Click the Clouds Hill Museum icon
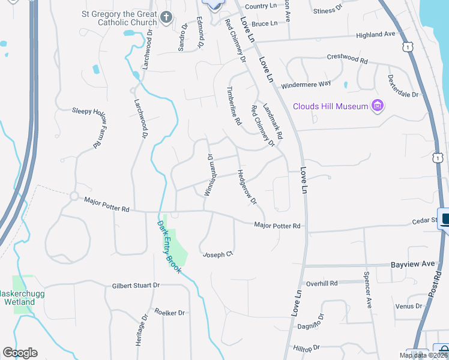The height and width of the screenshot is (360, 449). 378,106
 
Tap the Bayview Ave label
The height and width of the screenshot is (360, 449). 412,264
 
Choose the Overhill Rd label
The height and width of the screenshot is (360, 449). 322,283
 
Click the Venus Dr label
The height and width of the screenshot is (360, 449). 409,307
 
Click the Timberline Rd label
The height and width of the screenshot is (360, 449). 234,104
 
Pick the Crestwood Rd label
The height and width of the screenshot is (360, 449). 347,59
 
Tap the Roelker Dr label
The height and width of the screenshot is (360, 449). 170,313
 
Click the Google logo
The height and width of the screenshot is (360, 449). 20,353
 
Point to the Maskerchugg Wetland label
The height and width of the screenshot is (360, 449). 17,298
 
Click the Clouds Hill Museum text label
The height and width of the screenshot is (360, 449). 330,107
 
